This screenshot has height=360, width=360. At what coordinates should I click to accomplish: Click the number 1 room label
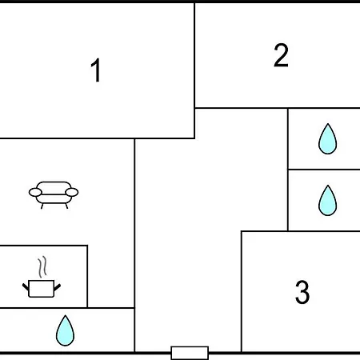click(96, 70)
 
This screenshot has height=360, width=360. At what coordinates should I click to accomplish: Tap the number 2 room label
click(281, 55)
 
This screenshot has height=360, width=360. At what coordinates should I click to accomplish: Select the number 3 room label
click(302, 292)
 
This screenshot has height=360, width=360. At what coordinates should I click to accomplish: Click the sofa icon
click(54, 195)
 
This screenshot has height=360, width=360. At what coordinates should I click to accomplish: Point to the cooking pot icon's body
click(42, 289)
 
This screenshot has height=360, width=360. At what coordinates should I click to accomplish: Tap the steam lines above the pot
click(42, 266)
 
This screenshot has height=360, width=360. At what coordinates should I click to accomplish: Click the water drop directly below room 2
click(327, 139)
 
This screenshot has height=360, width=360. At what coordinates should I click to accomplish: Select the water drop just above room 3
click(327, 201)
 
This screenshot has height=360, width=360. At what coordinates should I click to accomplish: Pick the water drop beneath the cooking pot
click(65, 330)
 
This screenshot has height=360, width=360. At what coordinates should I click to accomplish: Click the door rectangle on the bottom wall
click(190, 353)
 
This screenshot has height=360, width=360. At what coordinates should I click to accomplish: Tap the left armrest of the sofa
click(35, 192)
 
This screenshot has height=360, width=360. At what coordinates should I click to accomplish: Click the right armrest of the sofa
click(72, 192)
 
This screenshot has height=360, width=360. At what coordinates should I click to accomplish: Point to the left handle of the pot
click(26, 287)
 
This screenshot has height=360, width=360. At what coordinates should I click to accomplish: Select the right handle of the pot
click(58, 287)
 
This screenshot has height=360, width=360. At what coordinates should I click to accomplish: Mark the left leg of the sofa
click(42, 206)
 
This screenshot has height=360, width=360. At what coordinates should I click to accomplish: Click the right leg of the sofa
click(66, 206)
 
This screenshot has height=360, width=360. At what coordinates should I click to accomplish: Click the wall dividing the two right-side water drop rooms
click(324, 169)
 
